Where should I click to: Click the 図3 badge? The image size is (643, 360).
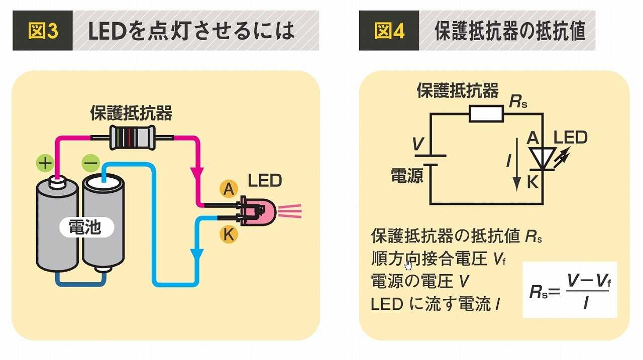click(43, 31)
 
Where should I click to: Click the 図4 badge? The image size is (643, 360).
click(389, 31)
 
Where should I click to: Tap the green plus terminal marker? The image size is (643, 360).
click(45, 163)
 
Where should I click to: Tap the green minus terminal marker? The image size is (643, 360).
click(90, 163)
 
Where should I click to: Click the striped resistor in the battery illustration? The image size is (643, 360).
click(132, 137)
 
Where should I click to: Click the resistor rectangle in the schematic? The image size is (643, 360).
click(486, 114)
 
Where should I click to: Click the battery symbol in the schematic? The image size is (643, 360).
click(430, 159)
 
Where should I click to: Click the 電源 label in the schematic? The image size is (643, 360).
click(407, 175)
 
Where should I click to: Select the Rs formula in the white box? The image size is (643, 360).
click(570, 290)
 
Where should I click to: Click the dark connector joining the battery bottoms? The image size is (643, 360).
click(80, 279)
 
